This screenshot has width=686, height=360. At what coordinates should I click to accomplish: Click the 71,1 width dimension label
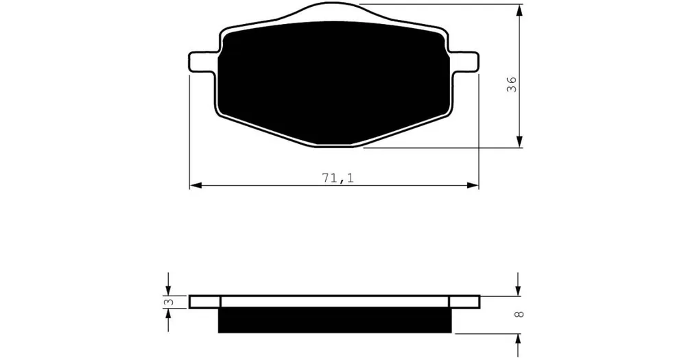338,178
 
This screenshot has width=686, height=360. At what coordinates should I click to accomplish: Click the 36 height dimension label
511,84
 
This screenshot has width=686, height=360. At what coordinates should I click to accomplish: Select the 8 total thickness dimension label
519,314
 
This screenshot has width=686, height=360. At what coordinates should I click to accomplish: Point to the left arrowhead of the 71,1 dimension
195,185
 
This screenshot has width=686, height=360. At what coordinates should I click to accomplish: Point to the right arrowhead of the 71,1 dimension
473,185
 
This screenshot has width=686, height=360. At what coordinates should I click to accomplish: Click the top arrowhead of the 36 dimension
519,10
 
